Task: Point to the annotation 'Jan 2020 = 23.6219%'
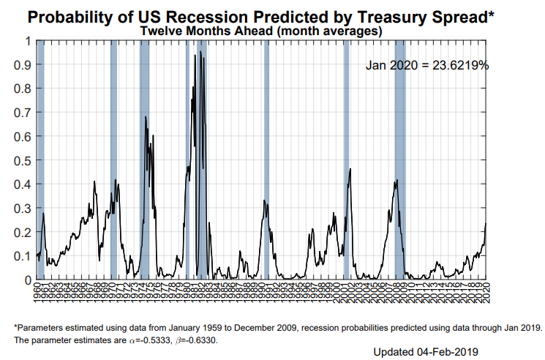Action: pos(427,66)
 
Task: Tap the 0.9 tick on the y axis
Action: pos(23,64)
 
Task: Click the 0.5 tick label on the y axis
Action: pos(23,160)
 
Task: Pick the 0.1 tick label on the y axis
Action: pos(23,256)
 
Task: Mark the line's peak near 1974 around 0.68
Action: pos(146,117)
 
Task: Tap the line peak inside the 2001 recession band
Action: pos(350,170)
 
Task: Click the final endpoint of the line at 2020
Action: pos(486,223)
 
